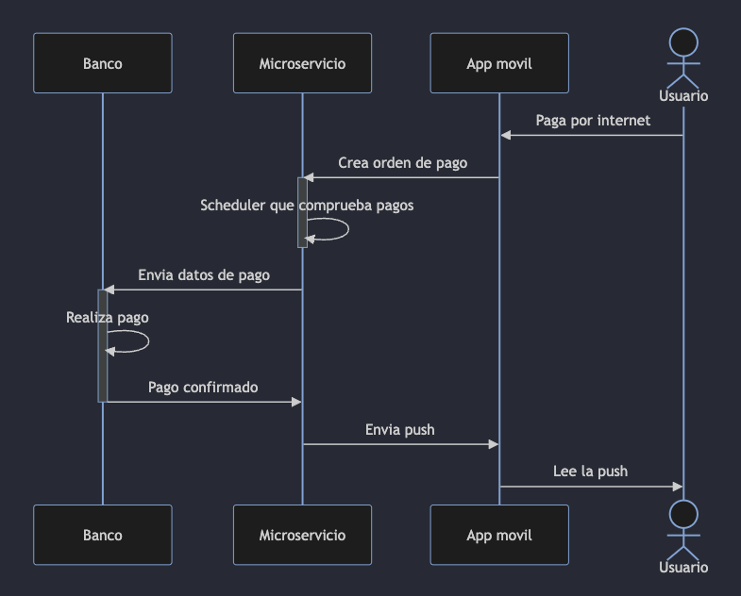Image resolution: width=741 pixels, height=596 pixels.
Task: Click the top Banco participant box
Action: pyautogui.click(x=102, y=63)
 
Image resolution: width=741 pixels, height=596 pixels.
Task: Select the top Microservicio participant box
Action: pyautogui.click(x=302, y=63)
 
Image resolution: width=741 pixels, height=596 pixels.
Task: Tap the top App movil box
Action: pyautogui.click(x=499, y=63)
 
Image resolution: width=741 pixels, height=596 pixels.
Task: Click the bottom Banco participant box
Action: pyautogui.click(x=102, y=535)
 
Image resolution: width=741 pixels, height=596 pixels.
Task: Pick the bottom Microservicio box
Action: pyautogui.click(x=302, y=535)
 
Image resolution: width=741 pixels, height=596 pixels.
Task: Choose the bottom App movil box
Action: pyautogui.click(x=499, y=535)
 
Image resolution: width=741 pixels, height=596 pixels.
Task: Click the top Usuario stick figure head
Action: pyautogui.click(x=683, y=42)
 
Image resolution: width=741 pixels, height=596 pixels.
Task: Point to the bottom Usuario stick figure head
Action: pyautogui.click(x=683, y=514)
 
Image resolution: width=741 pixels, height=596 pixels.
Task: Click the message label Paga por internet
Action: pyautogui.click(x=593, y=121)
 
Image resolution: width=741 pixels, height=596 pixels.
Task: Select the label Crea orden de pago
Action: pyautogui.click(x=402, y=163)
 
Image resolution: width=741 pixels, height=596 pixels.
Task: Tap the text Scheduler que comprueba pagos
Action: pyautogui.click(x=307, y=206)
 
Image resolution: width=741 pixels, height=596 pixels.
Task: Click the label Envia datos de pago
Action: pyautogui.click(x=204, y=275)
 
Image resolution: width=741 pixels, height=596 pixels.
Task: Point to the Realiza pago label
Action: pyautogui.click(x=107, y=318)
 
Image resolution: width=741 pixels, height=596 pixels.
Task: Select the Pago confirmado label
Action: pyautogui.click(x=203, y=388)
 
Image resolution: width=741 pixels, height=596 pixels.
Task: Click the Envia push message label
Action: pyautogui.click(x=400, y=430)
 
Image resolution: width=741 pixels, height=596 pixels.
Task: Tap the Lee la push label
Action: pyautogui.click(x=590, y=472)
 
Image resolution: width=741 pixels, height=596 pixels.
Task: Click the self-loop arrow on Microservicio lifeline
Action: pyautogui.click(x=345, y=229)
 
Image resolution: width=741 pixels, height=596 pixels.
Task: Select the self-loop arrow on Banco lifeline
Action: pyautogui.click(x=145, y=341)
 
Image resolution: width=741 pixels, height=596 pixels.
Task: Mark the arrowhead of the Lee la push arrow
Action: pyautogui.click(x=677, y=487)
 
